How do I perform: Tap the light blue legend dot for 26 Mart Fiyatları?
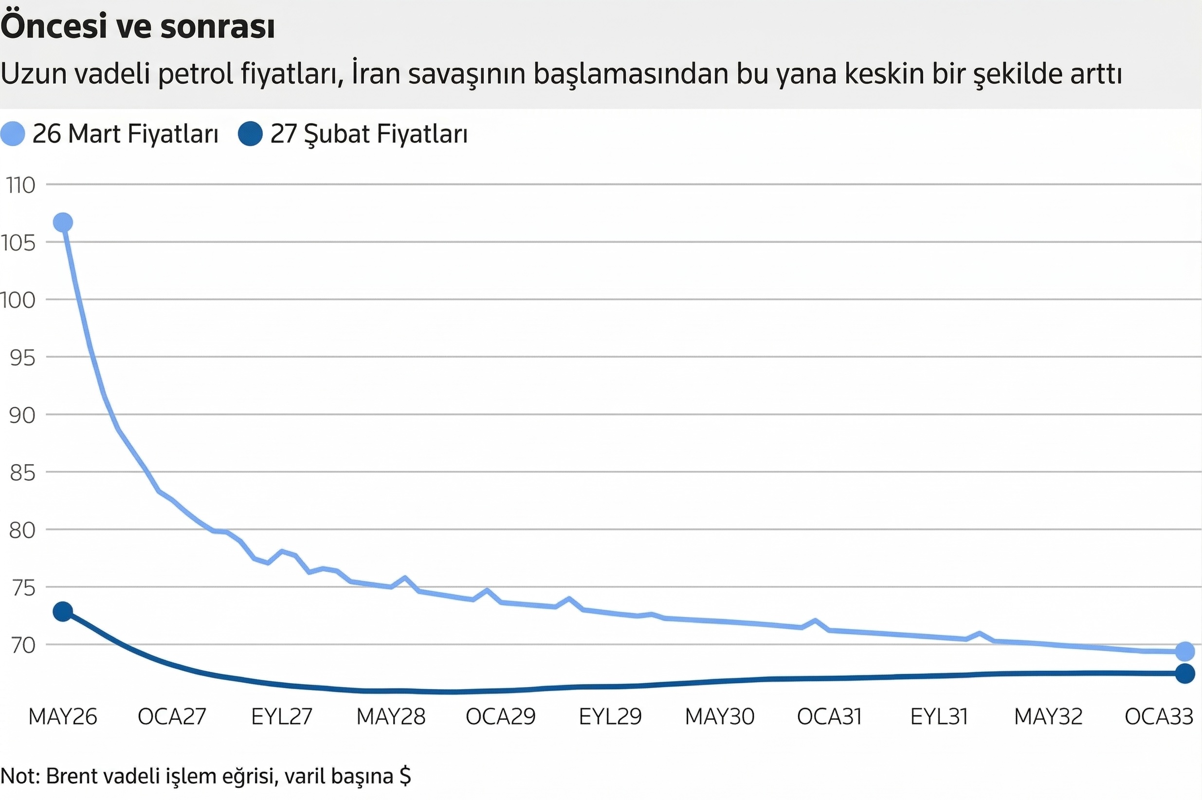(13, 134)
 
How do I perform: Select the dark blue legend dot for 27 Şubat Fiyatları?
(250, 134)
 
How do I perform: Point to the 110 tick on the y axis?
(21, 185)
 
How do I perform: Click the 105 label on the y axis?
(18, 243)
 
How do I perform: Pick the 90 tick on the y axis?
(22, 415)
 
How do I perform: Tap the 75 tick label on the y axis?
(23, 588)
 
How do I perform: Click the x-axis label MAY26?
(63, 717)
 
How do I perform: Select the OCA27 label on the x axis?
(172, 717)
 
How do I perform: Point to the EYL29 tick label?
(610, 717)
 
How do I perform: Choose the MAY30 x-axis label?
(719, 717)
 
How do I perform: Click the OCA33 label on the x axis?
(1159, 717)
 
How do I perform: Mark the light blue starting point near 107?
(63, 222)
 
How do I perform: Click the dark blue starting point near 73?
(63, 611)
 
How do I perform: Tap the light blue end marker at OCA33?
(1184, 652)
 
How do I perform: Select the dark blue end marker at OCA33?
(1184, 674)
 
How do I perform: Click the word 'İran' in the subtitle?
(374, 73)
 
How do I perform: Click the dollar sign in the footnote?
(405, 776)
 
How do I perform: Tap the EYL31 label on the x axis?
(939, 717)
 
